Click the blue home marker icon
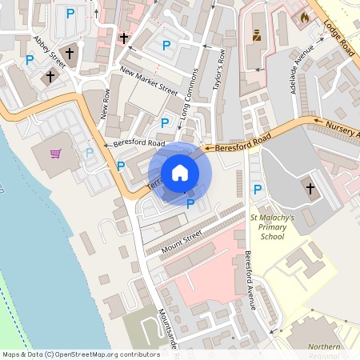(180, 173)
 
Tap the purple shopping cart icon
(56, 153)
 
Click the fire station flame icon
(304, 16)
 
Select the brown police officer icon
(257, 35)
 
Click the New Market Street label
(148, 79)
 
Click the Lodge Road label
(338, 36)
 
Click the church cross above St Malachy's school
(311, 189)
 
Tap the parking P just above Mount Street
(190, 205)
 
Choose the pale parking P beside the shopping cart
(90, 152)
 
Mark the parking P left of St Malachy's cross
(257, 190)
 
